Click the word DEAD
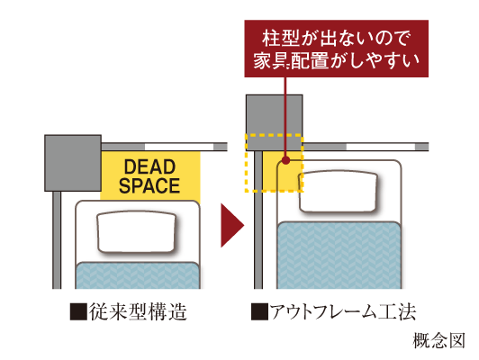(149, 166)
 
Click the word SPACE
(149, 185)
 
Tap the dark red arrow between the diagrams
(232, 225)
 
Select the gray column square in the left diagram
(73, 163)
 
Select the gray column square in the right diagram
(275, 122)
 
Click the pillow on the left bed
(137, 232)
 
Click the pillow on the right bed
(339, 192)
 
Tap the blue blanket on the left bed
(138, 275)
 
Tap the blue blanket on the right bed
(339, 256)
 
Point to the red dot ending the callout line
(285, 160)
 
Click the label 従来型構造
(138, 311)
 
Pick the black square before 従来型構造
(78, 311)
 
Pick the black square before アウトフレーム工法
(259, 311)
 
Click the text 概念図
(438, 340)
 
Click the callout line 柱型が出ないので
(336, 39)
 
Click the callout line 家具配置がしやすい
(337, 60)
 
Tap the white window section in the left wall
(179, 147)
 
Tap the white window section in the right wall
(381, 147)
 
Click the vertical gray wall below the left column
(57, 240)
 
